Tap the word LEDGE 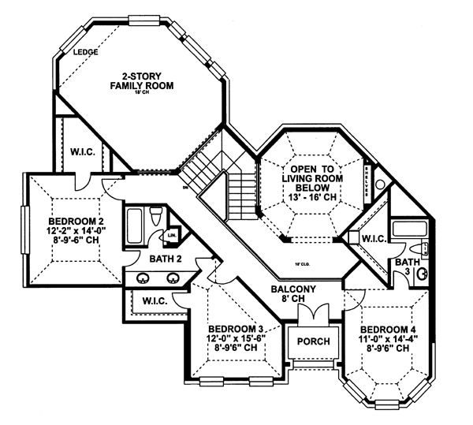pos(84,52)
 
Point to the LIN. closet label pos(171,236)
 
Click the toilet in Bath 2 pos(157,216)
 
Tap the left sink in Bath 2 pos(145,278)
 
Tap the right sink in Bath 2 pos(173,278)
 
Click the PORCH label pos(313,341)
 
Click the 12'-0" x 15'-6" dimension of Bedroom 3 pos(234,337)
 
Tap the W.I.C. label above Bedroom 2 pos(83,151)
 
